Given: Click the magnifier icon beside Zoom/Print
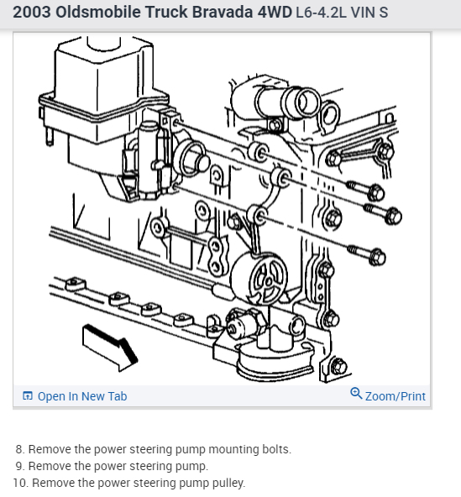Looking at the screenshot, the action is coord(356,394).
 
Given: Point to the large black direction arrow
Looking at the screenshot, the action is coord(109,347).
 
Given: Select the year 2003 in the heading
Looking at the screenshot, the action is coord(32,13).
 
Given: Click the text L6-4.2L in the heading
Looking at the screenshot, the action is coord(321,13).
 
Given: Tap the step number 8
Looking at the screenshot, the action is coord(19,449).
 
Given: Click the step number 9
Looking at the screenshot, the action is coord(19,466).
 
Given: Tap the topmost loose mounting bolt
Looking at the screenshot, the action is coord(365,190).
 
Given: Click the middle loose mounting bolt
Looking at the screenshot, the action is coord(383,213).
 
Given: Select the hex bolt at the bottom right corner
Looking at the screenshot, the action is coord(338,367).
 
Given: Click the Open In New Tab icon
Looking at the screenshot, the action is coord(28,396).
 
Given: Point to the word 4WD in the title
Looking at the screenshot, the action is coord(275,13).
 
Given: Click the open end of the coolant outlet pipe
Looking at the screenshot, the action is coord(306,102).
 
